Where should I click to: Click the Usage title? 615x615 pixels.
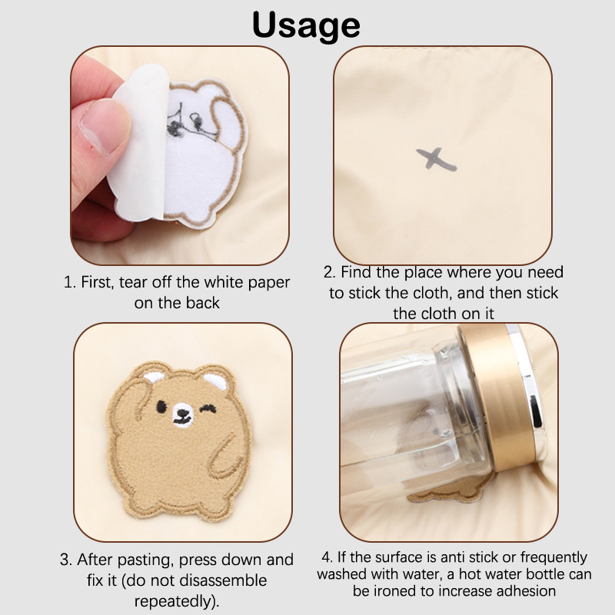pyautogui.click(x=306, y=26)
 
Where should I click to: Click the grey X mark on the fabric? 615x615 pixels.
pyautogui.click(x=436, y=159)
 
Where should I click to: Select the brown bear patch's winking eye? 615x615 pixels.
pyautogui.click(x=208, y=409)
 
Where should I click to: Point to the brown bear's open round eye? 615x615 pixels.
pyautogui.click(x=161, y=407)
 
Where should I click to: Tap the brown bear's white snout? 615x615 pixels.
pyautogui.click(x=183, y=415)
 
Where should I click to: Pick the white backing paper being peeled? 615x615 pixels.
pyautogui.click(x=139, y=143)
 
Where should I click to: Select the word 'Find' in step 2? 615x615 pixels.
pyautogui.click(x=357, y=272)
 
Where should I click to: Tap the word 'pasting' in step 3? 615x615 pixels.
pyautogui.click(x=145, y=560)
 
